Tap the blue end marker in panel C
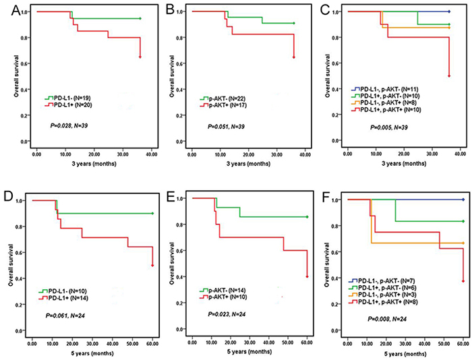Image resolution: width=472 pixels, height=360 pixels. click(x=449, y=11)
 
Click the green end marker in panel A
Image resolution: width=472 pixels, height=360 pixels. click(x=140, y=18)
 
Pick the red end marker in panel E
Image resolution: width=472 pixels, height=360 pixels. click(x=307, y=276)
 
